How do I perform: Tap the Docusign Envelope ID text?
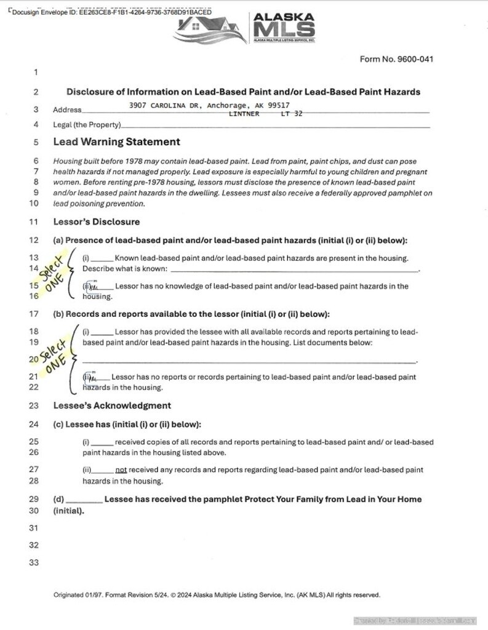point(111,12)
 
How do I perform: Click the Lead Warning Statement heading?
point(116,142)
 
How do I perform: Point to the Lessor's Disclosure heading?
point(96,222)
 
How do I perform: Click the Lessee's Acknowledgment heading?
point(112,405)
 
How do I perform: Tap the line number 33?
point(34,562)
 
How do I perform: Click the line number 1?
point(36,73)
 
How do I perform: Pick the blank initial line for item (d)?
point(84,500)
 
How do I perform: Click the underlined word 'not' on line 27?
point(121,469)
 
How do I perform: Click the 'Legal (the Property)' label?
point(87,125)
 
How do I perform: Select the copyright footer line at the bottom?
point(217,595)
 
